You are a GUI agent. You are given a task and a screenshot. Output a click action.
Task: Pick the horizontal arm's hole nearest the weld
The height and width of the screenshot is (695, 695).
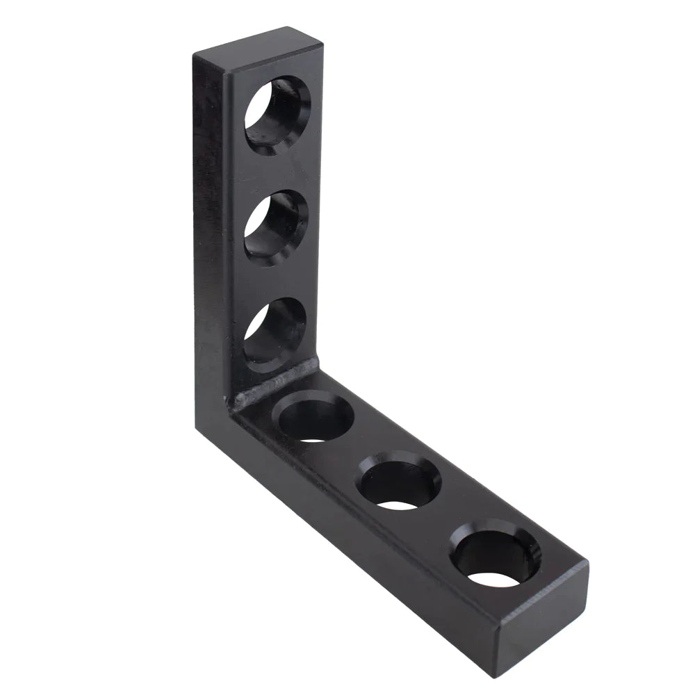[x=313, y=417]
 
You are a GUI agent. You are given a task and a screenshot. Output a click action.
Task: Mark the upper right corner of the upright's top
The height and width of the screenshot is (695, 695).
[x=321, y=42]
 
